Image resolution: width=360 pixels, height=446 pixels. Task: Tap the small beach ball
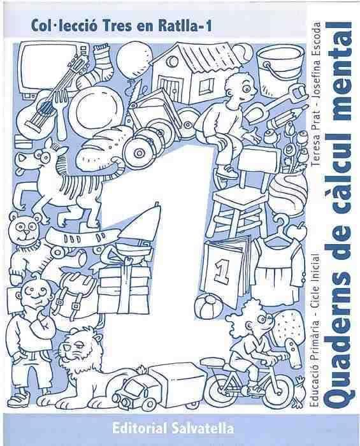pyautogui.click(x=210, y=308)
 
